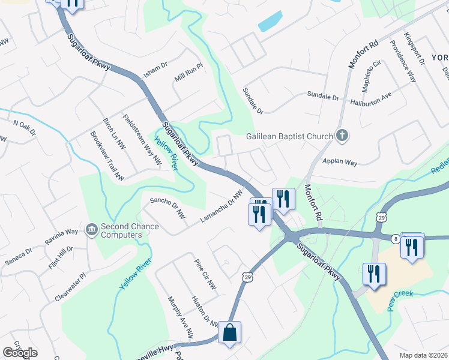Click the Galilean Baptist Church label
[x=289, y=136]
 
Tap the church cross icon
[x=342, y=135]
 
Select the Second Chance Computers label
[x=130, y=230]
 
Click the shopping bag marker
[x=229, y=332]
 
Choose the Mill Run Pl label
[x=189, y=74]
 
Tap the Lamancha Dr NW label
[x=221, y=206]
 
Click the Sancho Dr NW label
[x=167, y=207]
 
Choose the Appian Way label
[x=340, y=163]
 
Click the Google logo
[x=20, y=353]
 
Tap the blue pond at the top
[x=270, y=22]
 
